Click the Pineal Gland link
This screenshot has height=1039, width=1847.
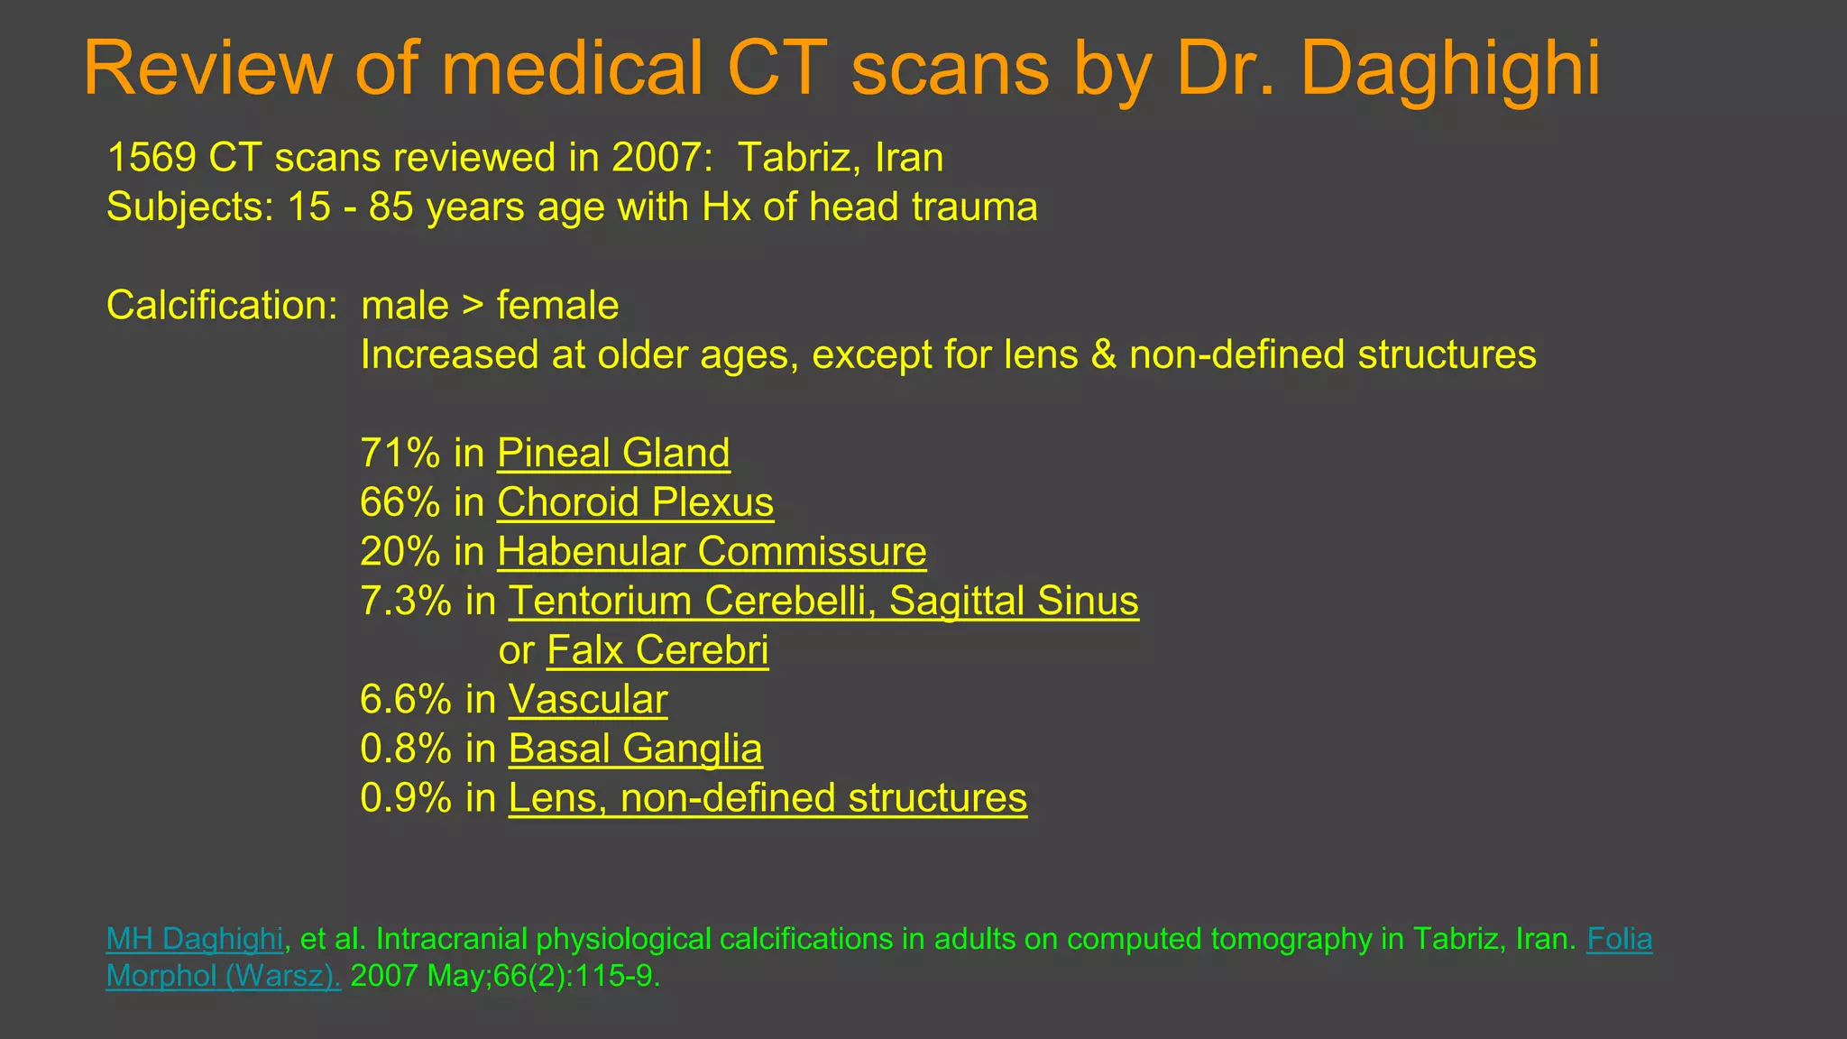613,453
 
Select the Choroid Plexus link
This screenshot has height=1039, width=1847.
635,502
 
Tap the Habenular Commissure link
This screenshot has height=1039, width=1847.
712,552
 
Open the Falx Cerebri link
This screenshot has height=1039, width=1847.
657,650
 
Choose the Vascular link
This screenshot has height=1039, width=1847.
588,700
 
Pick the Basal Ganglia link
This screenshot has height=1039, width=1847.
635,749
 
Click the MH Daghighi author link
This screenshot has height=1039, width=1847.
195,939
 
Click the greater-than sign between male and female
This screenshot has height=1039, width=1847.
473,307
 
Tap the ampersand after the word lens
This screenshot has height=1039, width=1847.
1103,355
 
